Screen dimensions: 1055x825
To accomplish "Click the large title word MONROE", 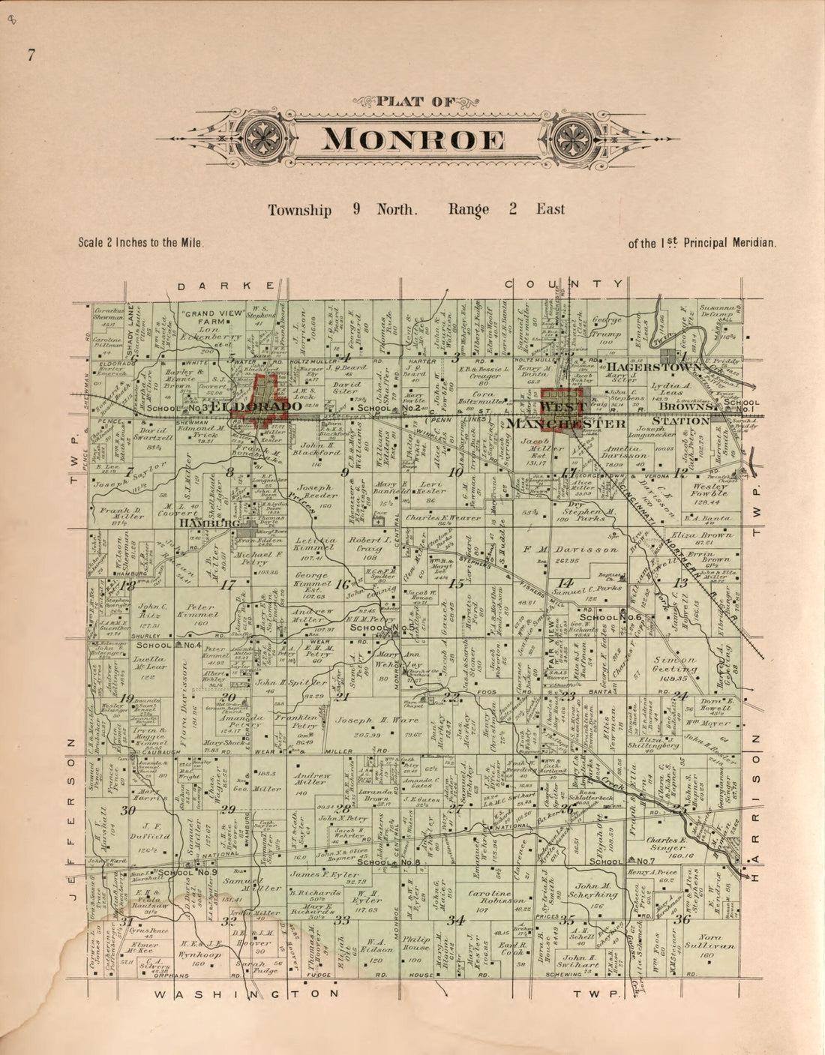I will (414, 140).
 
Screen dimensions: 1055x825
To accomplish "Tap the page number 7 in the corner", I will (31, 54).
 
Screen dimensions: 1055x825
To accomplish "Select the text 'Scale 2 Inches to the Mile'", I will (141, 243).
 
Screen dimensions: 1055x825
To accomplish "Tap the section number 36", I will (682, 919).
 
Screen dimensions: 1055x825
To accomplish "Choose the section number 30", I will (128, 811).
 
